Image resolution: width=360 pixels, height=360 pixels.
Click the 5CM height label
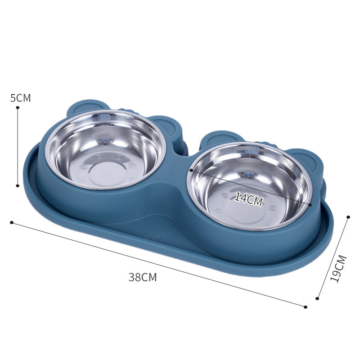pos(21,98)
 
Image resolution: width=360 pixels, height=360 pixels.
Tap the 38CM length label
pos(143,277)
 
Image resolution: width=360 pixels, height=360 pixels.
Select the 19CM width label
pos(338,268)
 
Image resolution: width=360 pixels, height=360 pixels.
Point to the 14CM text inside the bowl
pos(248,199)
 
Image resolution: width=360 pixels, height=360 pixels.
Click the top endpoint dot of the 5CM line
pos(18,108)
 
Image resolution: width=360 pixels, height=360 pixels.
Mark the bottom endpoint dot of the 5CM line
pos(18,185)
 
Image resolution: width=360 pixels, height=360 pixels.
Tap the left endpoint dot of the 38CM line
pos(12,222)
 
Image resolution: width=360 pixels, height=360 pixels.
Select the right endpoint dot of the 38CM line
pos(306,307)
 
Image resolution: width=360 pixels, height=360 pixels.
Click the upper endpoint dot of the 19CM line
pos(348,217)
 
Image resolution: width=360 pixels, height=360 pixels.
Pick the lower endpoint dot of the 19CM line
pos(318,298)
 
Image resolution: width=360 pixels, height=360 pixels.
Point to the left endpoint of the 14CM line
pos(191,171)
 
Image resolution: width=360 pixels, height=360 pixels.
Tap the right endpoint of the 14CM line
pos(310,205)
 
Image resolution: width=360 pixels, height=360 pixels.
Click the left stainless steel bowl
pos(107,149)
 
